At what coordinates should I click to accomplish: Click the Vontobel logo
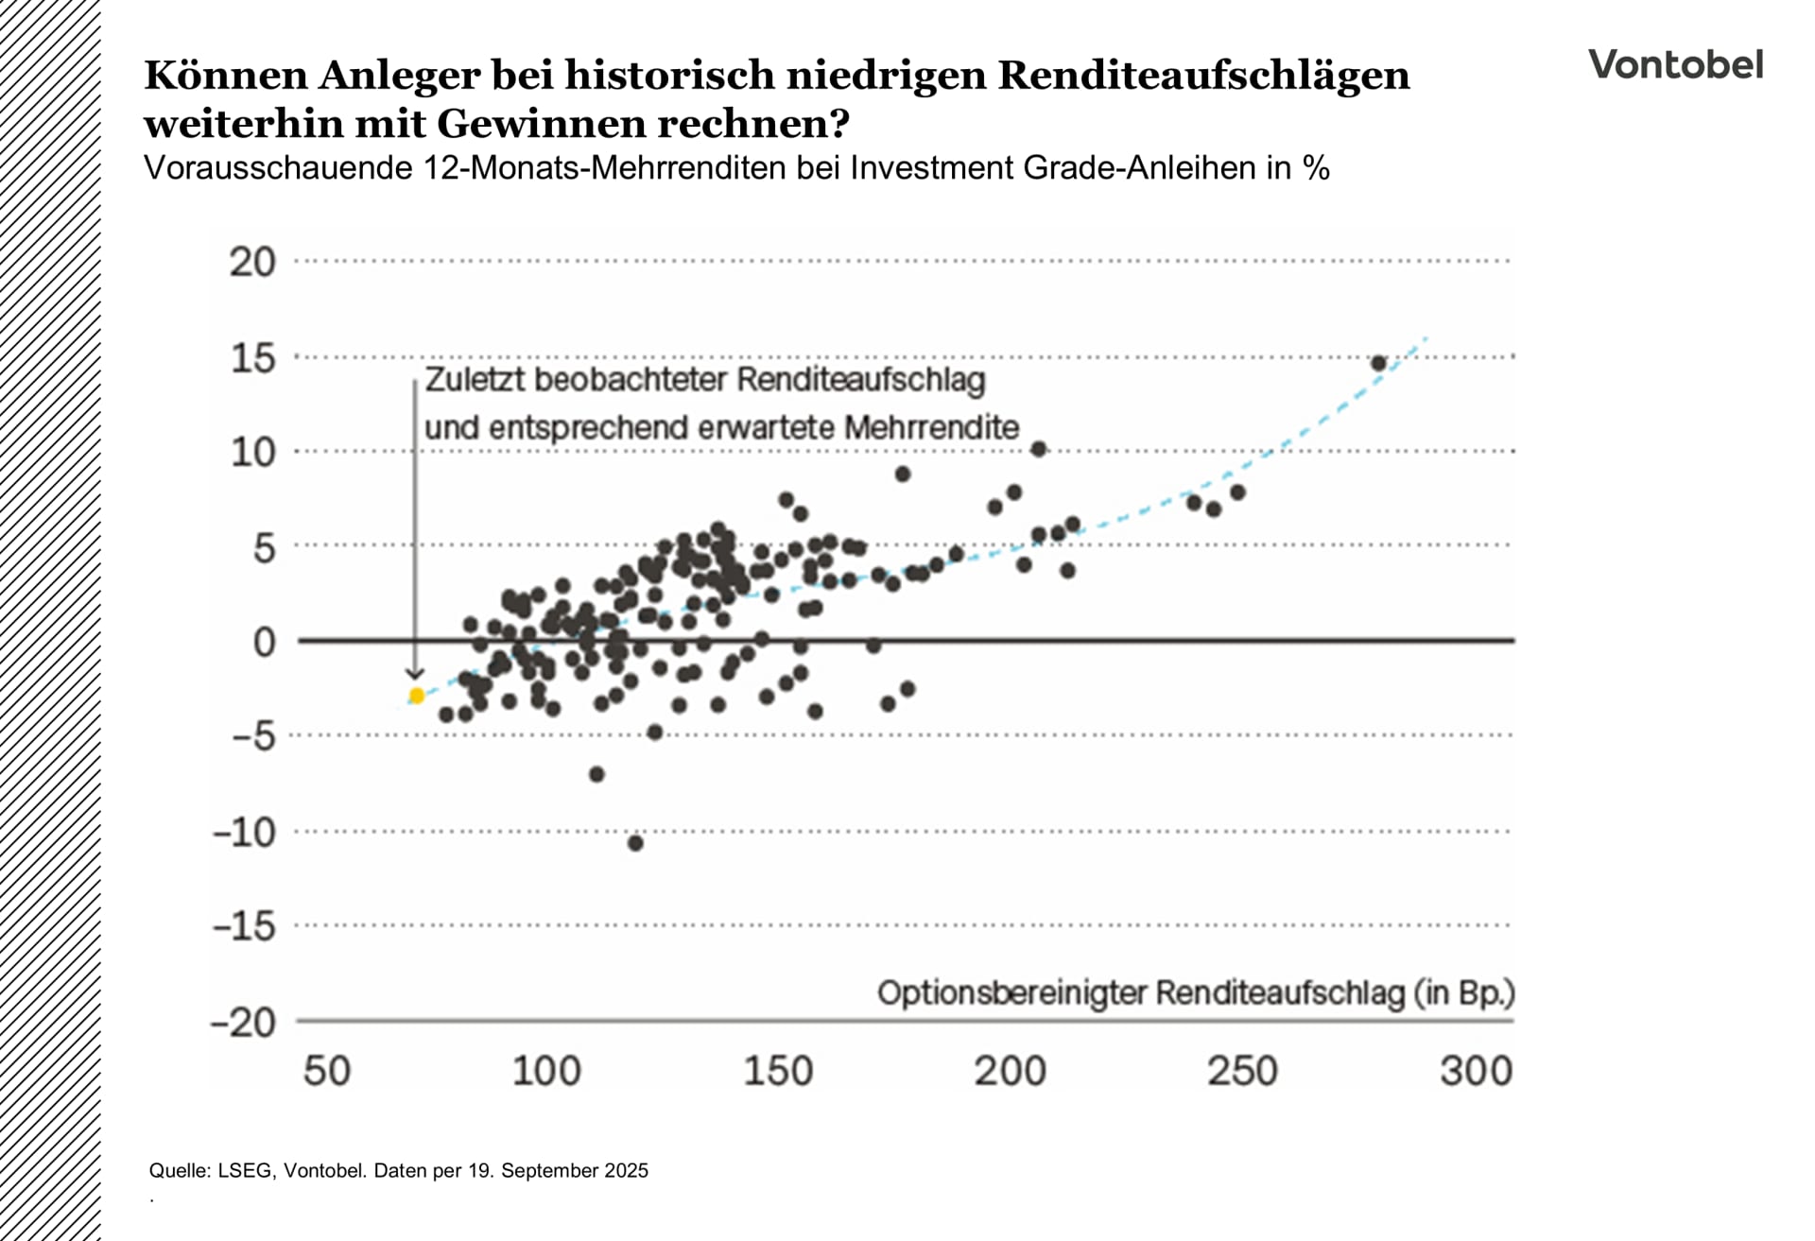point(1675,64)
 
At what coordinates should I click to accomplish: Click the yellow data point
point(417,696)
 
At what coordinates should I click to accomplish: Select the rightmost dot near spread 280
point(1378,364)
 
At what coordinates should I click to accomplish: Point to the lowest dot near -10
point(635,843)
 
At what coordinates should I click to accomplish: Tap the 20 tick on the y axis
point(252,262)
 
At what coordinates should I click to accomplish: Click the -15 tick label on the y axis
point(244,926)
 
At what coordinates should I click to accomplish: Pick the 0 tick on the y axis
point(265,643)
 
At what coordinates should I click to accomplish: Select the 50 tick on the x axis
point(327,1071)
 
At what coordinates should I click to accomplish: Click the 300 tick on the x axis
point(1476,1071)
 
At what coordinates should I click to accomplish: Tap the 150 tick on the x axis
point(778,1071)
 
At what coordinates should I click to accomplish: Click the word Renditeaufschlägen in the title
point(1203,76)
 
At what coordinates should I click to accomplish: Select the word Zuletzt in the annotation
point(469,380)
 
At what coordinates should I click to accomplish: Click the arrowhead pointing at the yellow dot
point(414,673)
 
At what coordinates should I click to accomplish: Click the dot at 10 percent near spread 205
point(1039,449)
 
